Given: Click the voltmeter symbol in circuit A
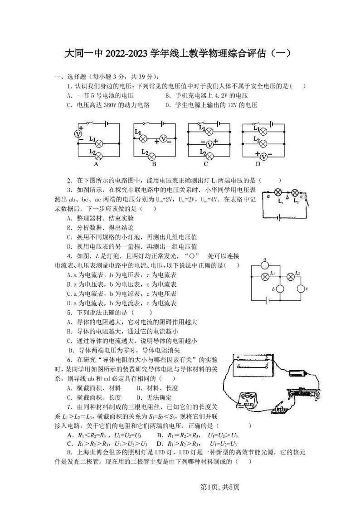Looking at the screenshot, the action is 78,134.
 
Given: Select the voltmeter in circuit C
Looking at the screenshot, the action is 209,144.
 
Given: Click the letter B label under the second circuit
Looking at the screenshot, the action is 154,164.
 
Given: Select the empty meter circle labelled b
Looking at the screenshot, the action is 280,289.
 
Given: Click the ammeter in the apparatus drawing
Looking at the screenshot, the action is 246,401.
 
